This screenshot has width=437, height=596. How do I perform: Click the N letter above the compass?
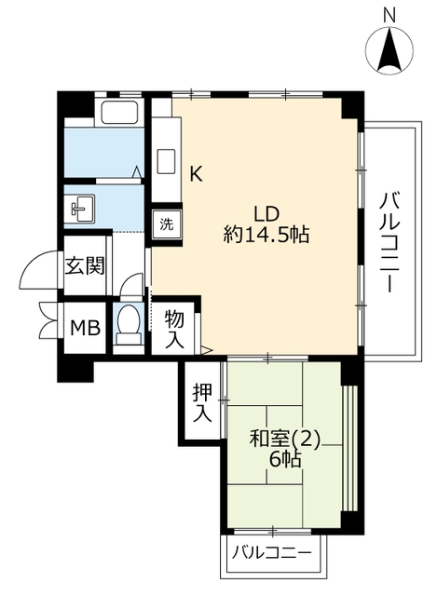click(x=389, y=16)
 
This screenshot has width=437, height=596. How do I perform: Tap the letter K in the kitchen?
click(x=196, y=174)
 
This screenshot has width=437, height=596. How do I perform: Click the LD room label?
click(x=266, y=214)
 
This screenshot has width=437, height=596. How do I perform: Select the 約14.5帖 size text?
click(x=266, y=235)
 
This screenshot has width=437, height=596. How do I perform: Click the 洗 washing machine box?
click(x=167, y=224)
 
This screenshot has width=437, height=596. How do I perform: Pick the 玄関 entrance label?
click(x=85, y=265)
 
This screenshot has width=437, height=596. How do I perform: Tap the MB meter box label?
click(x=86, y=328)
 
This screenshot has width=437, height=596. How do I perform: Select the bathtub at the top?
click(x=119, y=112)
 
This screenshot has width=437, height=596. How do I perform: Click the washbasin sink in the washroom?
click(x=82, y=209)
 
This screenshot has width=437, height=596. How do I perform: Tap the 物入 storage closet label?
click(x=174, y=329)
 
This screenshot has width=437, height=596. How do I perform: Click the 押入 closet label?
click(x=202, y=402)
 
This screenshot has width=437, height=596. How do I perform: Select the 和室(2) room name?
click(x=285, y=440)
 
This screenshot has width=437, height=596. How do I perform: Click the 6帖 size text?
click(x=285, y=459)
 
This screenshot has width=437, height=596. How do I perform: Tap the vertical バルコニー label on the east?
click(x=389, y=242)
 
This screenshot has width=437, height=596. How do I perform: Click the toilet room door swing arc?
click(x=130, y=279)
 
